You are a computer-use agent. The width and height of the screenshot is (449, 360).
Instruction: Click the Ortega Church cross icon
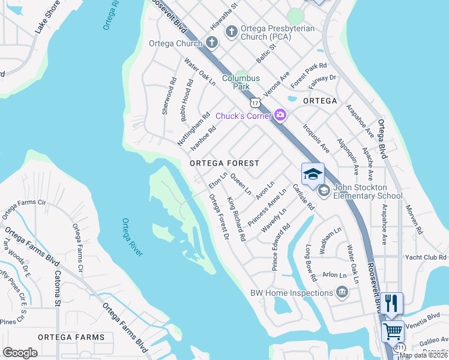(x=211, y=43)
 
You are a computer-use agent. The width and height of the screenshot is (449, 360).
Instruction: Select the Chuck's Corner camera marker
(x=280, y=115)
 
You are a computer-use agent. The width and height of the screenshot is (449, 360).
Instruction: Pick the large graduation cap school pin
(x=313, y=175)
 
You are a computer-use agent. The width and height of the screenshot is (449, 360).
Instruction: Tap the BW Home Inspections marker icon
(x=342, y=293)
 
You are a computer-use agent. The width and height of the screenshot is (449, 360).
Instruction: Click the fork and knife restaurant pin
(x=391, y=303)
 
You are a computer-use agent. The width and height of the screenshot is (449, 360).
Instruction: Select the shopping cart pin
(x=393, y=330)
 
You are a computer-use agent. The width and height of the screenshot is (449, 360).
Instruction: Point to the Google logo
(x=20, y=352)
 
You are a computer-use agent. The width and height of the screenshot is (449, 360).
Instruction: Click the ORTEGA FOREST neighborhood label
(x=224, y=163)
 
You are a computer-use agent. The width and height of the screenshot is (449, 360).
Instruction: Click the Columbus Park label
(x=241, y=82)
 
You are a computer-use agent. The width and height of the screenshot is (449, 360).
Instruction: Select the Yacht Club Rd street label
(x=426, y=257)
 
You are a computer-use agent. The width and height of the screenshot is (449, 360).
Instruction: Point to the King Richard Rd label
(x=236, y=219)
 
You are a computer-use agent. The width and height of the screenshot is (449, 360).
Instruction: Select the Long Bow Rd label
(x=310, y=263)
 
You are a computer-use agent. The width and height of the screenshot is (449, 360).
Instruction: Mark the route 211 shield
(x=400, y=347)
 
